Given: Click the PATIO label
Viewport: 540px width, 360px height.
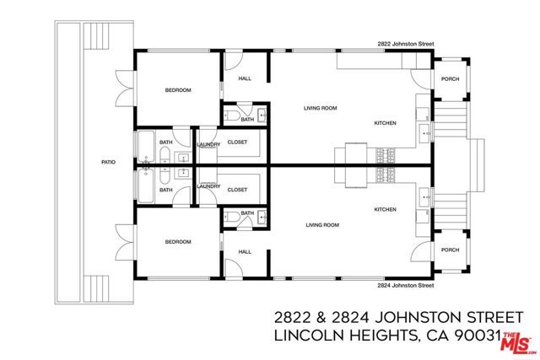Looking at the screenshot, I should click(108, 162).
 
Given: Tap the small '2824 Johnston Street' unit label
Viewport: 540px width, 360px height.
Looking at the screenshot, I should click(404, 286).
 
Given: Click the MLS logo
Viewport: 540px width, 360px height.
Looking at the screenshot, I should click(516, 341).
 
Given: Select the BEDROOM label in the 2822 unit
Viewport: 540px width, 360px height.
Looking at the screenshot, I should click(178, 90).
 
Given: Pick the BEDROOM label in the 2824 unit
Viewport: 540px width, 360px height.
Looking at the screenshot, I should click(178, 242).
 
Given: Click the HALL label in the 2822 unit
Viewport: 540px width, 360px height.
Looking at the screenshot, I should click(245, 78).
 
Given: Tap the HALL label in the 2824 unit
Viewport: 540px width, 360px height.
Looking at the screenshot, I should click(245, 251).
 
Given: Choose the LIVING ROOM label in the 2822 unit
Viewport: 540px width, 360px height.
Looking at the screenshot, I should click(321, 108).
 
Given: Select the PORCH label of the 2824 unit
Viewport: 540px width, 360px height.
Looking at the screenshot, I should click(450, 250).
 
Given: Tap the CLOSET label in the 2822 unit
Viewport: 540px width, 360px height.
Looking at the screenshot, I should click(237, 142).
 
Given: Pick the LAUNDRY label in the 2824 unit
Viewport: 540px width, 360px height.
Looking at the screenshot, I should click(208, 186).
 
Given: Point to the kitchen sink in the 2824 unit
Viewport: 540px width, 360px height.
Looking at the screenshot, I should click(425, 200).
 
